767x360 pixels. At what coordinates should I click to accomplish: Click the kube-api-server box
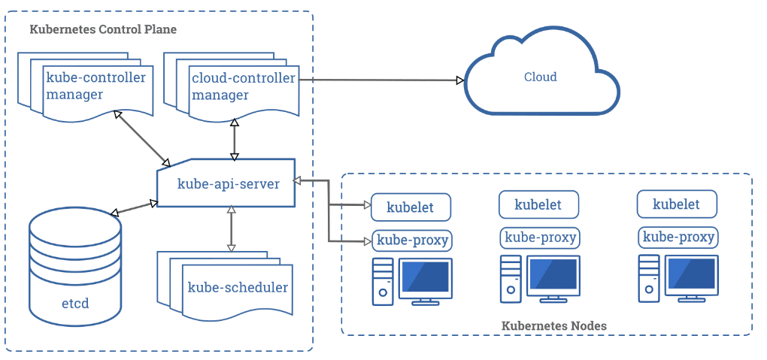click(226, 183)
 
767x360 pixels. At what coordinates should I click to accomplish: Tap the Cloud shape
click(541, 74)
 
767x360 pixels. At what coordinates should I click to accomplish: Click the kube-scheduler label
click(238, 287)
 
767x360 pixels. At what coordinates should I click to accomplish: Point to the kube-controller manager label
click(96, 86)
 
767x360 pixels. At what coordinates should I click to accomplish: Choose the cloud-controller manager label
click(244, 86)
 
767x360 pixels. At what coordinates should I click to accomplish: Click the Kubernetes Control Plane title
click(103, 29)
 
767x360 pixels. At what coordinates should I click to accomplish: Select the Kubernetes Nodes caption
click(554, 325)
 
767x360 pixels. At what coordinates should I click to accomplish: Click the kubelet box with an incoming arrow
click(411, 207)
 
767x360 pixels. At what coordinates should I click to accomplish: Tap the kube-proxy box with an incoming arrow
click(411, 240)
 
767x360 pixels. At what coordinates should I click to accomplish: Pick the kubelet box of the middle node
click(538, 204)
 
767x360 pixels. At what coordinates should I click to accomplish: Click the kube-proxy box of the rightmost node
click(678, 237)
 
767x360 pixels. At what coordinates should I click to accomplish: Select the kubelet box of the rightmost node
click(677, 204)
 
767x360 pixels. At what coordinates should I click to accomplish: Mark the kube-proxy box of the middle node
click(540, 237)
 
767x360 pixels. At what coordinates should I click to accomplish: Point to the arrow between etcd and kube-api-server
click(134, 208)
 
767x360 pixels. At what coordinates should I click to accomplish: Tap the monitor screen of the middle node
click(553, 277)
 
